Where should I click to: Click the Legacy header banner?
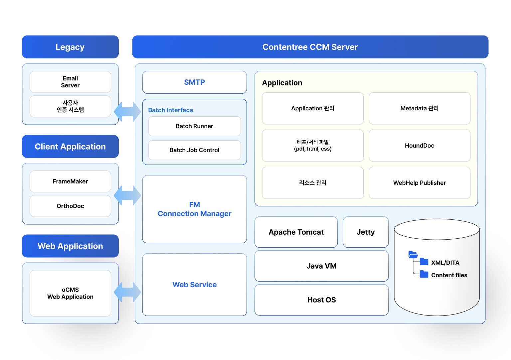point(70,47)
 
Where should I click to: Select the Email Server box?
point(70,82)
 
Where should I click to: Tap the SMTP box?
point(194,82)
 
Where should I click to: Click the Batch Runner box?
point(194,126)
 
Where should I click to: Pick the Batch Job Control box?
point(194,150)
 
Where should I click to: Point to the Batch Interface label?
point(170,110)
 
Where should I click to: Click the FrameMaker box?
point(70,181)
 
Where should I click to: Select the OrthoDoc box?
point(70,206)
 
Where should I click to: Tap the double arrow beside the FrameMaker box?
point(127,195)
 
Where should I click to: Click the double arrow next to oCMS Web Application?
point(127,292)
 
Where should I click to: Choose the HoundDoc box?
point(419,146)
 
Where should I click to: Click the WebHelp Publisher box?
point(419,183)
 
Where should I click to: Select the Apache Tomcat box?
point(296,232)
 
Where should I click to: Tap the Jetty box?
point(366,232)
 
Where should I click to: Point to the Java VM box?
point(321,266)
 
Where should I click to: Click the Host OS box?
point(321,300)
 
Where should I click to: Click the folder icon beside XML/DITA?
point(424,262)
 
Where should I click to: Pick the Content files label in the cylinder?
point(449,275)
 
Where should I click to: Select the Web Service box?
point(194,285)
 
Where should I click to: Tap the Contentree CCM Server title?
point(310,47)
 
